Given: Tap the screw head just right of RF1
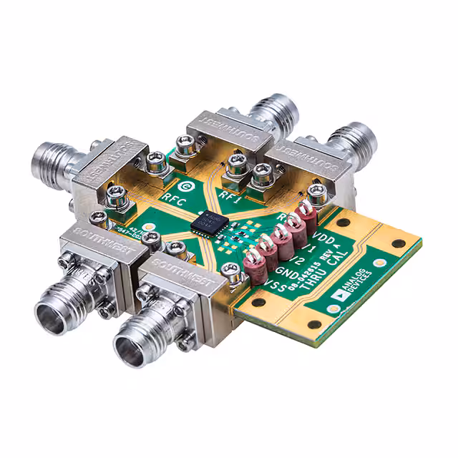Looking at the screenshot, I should coord(260,174).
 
